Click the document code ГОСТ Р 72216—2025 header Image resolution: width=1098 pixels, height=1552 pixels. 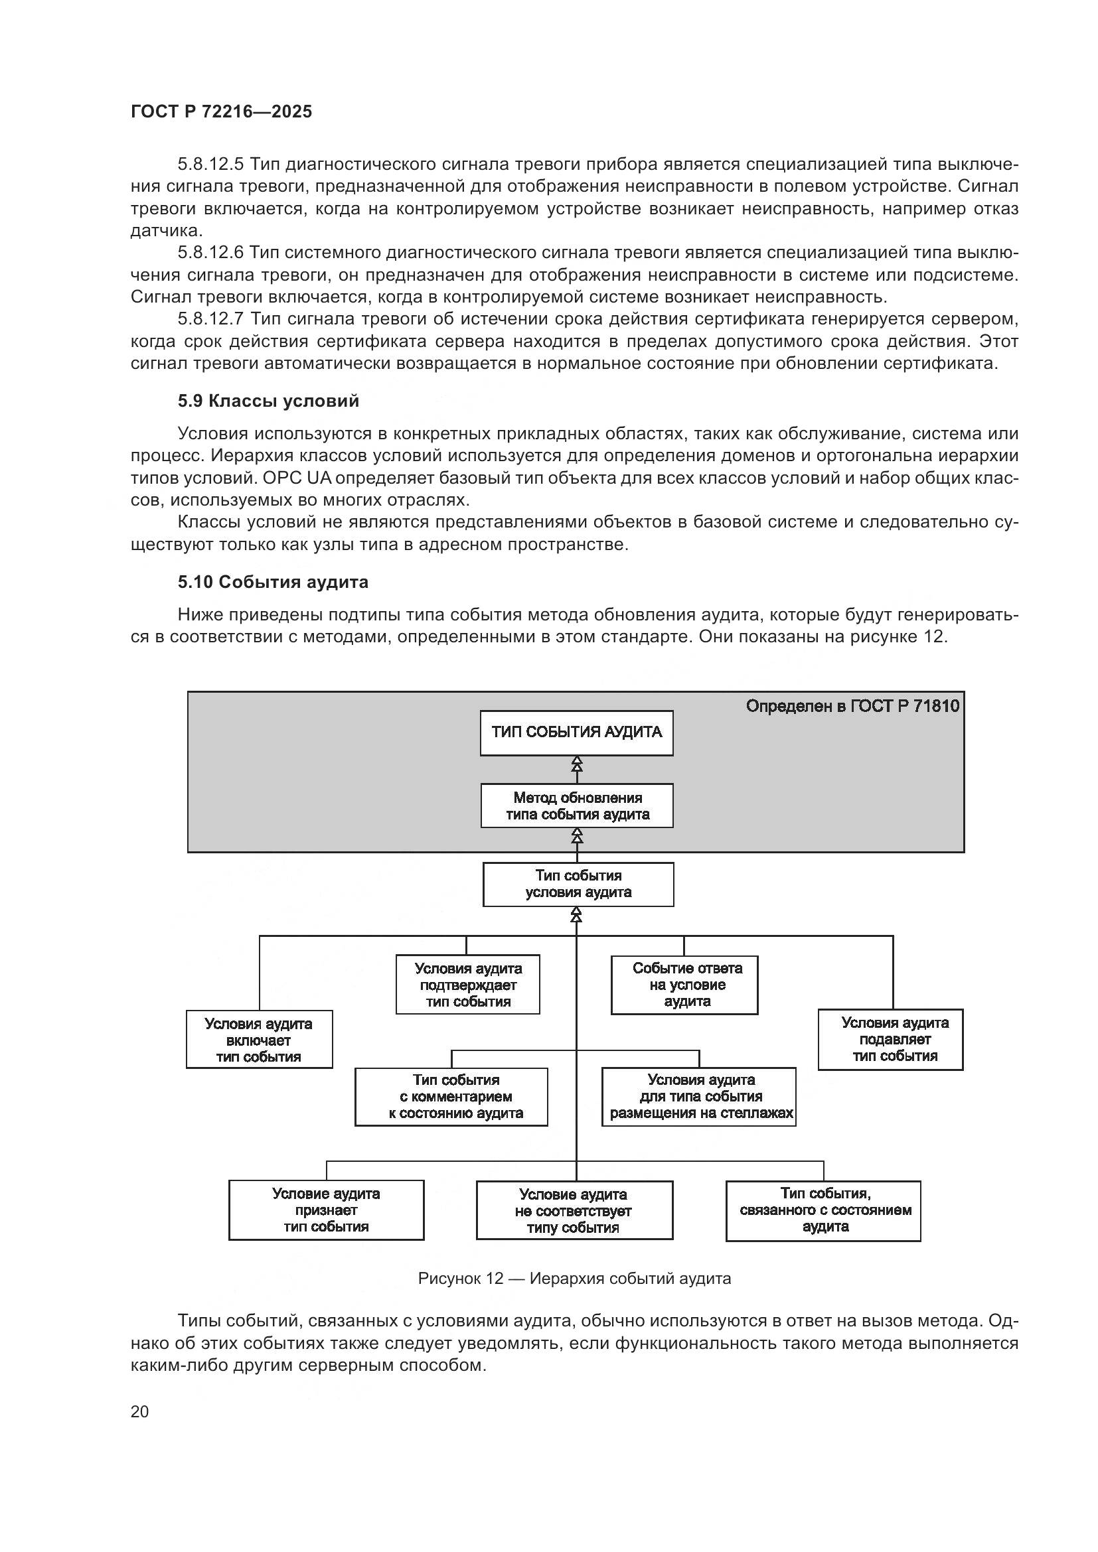(221, 111)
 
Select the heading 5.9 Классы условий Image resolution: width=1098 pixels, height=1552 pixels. (268, 401)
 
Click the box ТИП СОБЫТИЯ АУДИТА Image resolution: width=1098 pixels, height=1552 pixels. (577, 733)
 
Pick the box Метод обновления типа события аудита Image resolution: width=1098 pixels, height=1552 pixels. (577, 806)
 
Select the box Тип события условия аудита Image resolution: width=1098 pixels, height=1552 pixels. (578, 884)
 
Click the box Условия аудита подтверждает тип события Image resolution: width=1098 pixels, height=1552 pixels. (468, 985)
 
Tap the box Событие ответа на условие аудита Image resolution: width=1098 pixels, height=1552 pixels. (684, 985)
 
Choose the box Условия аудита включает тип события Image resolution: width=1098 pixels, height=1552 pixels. (259, 1040)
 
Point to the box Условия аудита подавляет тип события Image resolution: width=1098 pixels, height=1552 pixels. (890, 1040)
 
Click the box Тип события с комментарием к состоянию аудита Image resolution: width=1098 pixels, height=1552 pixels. (451, 1096)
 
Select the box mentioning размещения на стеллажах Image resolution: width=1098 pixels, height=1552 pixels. (698, 1096)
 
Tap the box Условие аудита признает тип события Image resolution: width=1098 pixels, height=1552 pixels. (327, 1210)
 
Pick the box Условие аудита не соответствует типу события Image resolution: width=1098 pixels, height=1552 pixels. (574, 1211)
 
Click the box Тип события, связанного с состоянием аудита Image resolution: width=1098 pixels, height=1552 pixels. (823, 1211)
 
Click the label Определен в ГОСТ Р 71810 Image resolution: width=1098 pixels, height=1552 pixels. (852, 707)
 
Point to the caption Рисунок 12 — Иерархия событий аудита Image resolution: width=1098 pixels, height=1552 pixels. (574, 1278)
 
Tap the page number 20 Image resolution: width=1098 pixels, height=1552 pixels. (139, 1411)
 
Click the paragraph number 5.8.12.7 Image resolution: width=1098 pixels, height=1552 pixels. (211, 319)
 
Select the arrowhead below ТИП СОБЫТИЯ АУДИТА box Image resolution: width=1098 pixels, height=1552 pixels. (577, 764)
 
